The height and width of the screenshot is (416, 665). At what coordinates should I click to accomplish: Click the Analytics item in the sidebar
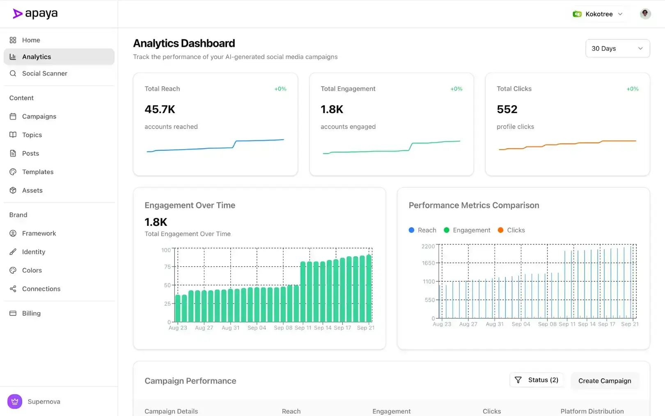tap(37, 57)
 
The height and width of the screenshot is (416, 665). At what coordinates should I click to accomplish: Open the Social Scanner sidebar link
tap(44, 74)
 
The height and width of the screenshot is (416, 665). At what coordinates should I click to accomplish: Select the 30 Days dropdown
tap(617, 48)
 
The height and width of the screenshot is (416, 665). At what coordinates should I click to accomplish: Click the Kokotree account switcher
tap(598, 14)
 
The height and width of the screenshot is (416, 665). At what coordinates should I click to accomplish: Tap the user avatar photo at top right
tap(645, 14)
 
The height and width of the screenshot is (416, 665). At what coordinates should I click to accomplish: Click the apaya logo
tap(35, 14)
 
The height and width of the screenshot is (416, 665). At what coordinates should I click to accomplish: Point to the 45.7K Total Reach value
tap(160, 109)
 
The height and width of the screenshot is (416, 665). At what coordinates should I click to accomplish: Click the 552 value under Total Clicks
tap(507, 109)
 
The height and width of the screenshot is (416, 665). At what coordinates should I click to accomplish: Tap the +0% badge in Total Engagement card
tap(456, 89)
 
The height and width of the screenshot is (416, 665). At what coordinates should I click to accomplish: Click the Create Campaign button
tap(604, 381)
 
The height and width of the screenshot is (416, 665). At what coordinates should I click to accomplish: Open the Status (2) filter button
tap(537, 380)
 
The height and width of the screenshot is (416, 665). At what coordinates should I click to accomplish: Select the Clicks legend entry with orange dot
tap(511, 230)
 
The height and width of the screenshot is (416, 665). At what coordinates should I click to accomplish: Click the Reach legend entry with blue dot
tap(422, 230)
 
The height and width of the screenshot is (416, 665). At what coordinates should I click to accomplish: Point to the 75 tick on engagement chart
tap(167, 267)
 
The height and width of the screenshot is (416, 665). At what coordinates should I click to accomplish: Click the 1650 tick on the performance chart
tap(428, 263)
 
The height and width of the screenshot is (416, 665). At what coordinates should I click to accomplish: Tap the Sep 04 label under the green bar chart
tap(257, 328)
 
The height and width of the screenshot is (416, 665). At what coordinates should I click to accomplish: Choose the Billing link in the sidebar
tap(31, 313)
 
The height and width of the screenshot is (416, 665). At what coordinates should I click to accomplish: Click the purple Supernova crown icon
tap(15, 401)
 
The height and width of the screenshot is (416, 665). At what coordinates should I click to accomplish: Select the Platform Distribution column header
tap(592, 411)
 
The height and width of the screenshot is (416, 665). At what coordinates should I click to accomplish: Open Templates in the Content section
tap(38, 172)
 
